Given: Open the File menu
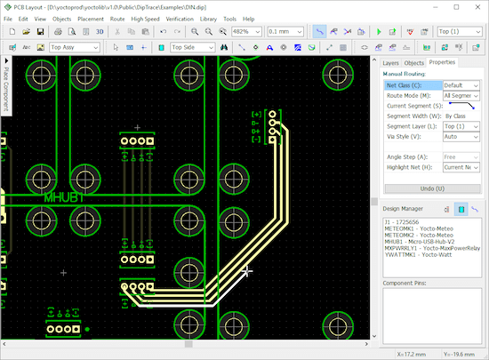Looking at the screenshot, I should tap(10, 18).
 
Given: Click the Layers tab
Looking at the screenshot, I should tap(391, 63).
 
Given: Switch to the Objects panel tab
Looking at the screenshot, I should tap(414, 63).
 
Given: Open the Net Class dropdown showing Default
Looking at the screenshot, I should tap(461, 85).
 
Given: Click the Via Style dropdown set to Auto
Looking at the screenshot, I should tap(461, 137).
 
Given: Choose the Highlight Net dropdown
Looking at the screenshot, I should tap(461, 167).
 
